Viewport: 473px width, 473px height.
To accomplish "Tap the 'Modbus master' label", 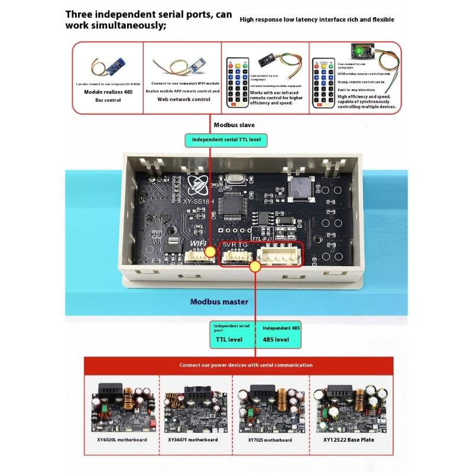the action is pos(219,302).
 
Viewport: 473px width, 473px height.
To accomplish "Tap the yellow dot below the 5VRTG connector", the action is pos(255,267).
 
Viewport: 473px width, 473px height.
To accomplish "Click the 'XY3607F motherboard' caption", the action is pos(193,440).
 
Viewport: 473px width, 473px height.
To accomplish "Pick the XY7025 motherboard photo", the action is pos(269,408).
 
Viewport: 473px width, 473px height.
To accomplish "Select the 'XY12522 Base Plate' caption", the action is pos(343,440).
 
